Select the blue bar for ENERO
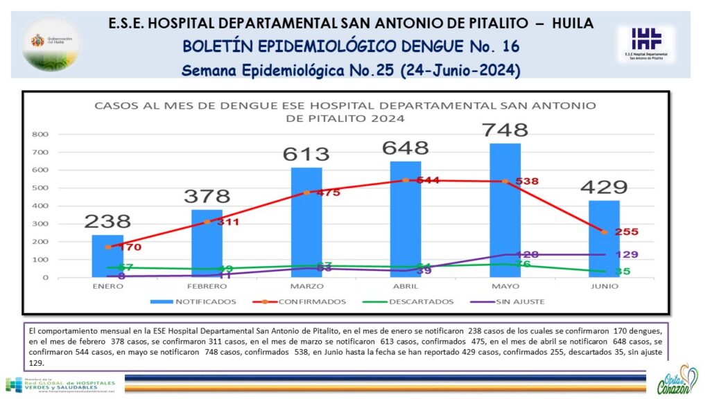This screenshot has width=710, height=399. [107, 256]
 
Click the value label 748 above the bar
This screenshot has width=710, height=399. [505, 130]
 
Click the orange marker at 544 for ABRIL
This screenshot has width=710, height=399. [406, 180]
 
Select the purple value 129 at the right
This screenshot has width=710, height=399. [625, 254]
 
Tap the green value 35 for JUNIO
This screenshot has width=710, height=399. [622, 272]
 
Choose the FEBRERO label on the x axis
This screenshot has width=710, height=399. [207, 285]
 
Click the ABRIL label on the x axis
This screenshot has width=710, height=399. [406, 285]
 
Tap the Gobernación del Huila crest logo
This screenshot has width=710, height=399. [50, 43]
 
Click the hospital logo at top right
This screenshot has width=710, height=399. [646, 42]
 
